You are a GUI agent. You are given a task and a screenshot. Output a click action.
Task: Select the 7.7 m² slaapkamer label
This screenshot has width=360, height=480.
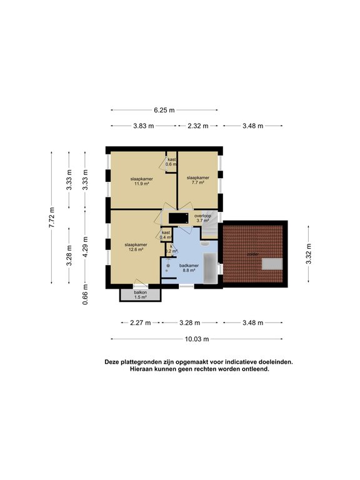[x=197, y=181]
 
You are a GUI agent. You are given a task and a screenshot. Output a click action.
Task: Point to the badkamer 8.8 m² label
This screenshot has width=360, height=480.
[x=188, y=268]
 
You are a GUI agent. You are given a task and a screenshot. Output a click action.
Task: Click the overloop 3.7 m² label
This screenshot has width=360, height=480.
[x=203, y=218]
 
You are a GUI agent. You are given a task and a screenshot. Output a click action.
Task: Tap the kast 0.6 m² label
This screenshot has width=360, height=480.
[x=171, y=162]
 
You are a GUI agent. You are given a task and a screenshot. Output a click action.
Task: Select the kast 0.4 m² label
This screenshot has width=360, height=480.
[x=166, y=235]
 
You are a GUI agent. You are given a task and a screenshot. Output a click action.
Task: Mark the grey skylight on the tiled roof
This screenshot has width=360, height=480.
[x=272, y=264]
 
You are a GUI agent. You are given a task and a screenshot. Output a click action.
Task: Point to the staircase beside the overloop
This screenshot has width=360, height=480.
[x=211, y=232]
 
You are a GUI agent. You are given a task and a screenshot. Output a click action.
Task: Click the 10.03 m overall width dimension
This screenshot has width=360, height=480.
[x=197, y=339]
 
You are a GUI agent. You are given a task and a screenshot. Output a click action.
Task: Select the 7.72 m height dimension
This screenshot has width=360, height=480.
[x=52, y=217]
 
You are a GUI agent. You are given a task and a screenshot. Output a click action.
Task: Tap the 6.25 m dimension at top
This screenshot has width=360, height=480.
[x=164, y=110]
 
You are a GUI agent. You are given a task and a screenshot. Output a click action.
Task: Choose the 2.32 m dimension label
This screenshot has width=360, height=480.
[x=197, y=126]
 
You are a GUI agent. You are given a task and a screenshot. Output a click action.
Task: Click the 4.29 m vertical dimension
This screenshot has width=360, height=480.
[x=85, y=247]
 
